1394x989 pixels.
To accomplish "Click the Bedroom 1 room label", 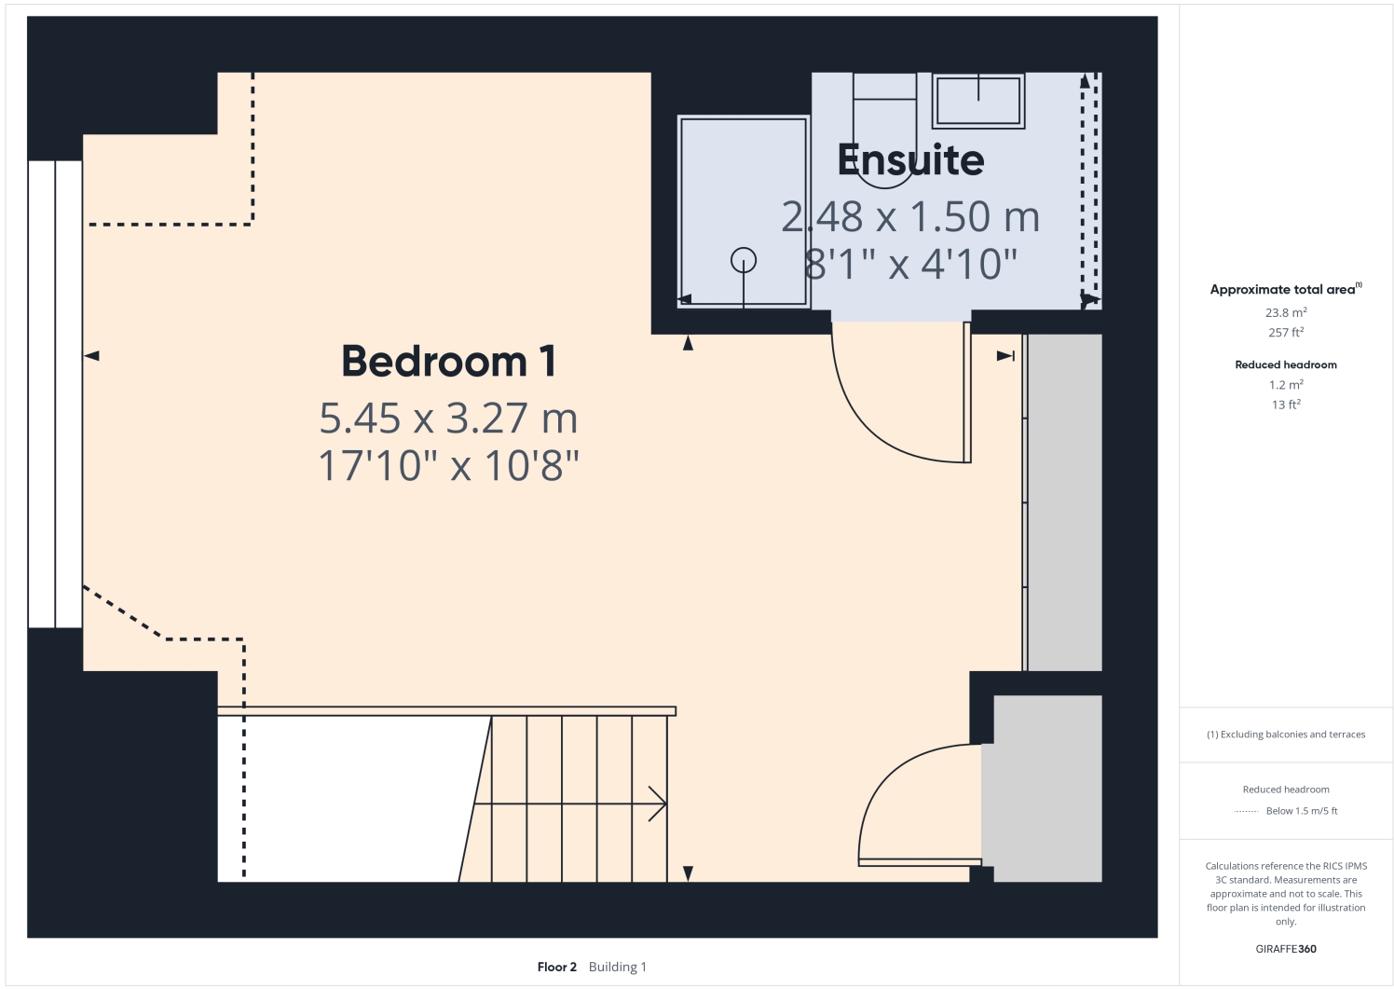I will point(448,362).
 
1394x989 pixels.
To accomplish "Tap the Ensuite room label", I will point(910,160).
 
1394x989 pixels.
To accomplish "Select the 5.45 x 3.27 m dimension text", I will point(448,419).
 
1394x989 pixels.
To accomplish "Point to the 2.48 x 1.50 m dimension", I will point(910,217).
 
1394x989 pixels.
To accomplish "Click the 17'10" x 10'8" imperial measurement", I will point(448,465).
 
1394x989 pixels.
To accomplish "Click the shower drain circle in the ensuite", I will point(744,260).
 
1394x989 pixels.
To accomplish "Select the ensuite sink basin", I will point(978,101).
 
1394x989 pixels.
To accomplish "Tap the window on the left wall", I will point(55,393).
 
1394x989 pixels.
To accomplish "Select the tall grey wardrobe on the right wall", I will point(1063,502).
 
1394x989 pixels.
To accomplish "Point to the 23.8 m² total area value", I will point(1286,313).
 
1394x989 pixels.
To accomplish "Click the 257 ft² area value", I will point(1286,333).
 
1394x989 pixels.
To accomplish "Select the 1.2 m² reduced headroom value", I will point(1286,385).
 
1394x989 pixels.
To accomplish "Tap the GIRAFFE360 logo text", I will point(1286,949).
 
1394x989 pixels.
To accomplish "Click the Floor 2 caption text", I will point(557,967).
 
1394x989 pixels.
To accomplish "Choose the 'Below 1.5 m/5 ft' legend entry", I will point(1301,811).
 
